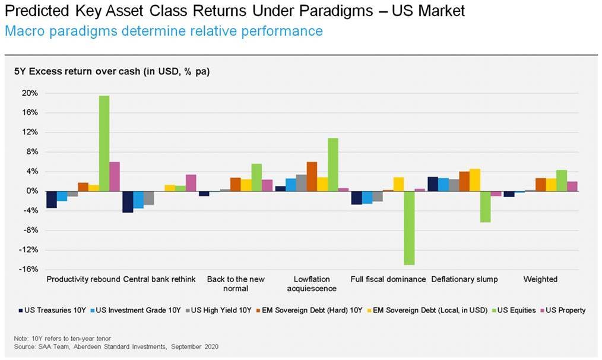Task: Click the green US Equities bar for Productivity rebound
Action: [104, 143]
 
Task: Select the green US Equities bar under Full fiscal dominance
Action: [408, 228]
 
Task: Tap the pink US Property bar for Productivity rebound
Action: [115, 176]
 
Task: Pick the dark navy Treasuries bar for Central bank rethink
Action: [127, 202]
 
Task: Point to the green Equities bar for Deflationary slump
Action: [485, 207]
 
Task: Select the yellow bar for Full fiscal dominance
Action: [398, 184]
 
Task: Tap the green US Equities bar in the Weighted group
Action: [561, 181]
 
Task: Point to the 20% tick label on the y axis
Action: [30, 93]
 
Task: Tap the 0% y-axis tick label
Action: [33, 191]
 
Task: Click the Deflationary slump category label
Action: [464, 279]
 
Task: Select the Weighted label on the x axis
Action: [540, 279]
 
